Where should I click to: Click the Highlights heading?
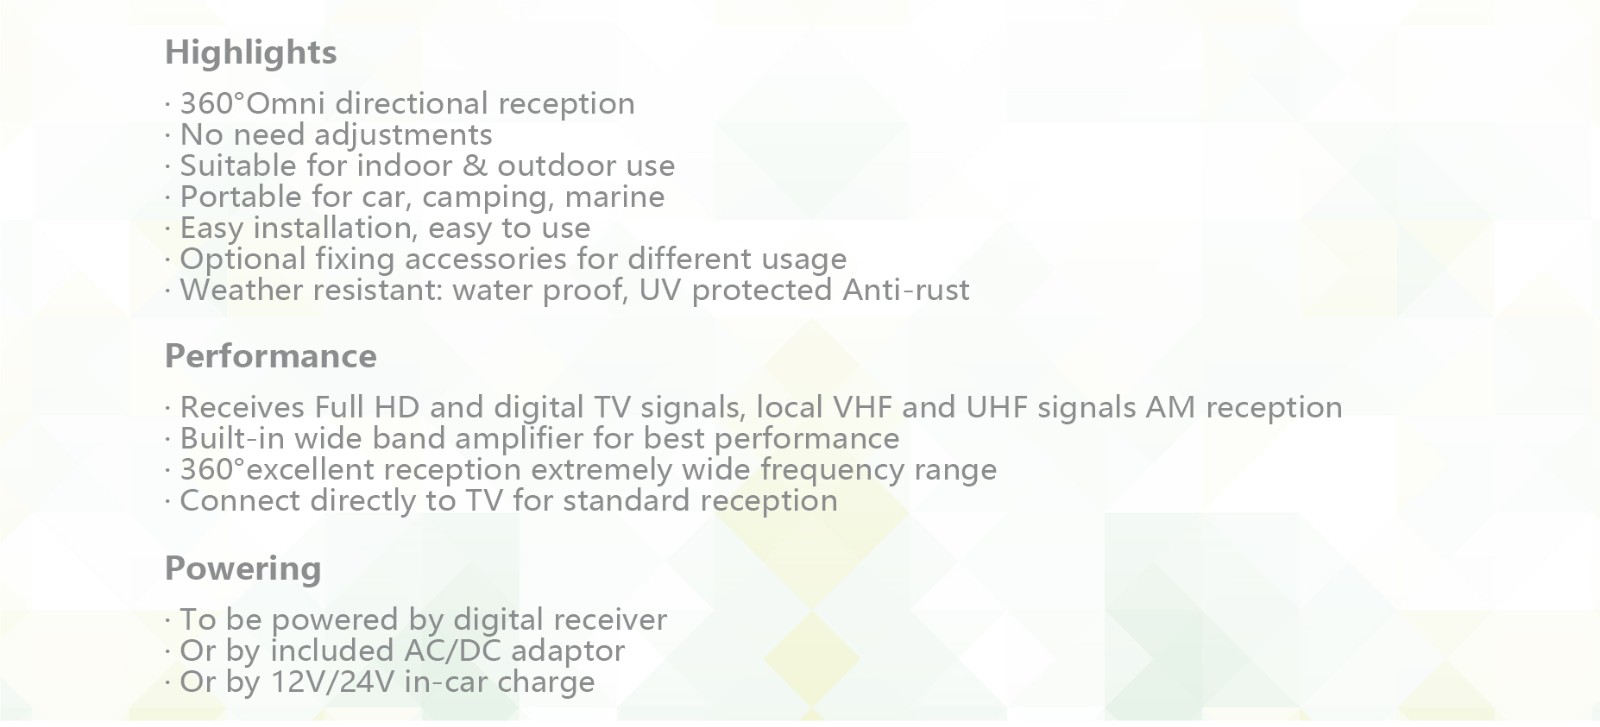click(251, 53)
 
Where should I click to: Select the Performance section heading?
click(271, 356)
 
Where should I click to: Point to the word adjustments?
click(404, 136)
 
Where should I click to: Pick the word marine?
click(614, 197)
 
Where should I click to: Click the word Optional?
click(243, 260)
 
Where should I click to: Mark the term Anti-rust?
click(906, 290)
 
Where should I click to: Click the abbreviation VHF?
click(863, 408)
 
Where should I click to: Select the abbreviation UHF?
click(996, 408)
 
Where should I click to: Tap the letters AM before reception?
click(1170, 408)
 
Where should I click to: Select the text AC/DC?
click(452, 651)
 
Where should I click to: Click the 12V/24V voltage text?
click(333, 683)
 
